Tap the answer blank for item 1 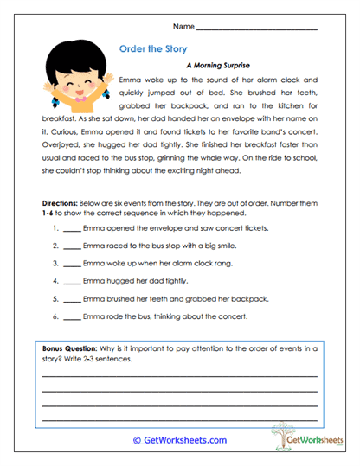[x=72, y=230]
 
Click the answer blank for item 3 [x=72, y=263]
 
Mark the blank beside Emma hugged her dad [x=72, y=280]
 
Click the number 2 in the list [x=55, y=246]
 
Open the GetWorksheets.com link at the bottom [x=180, y=439]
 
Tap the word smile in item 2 [x=222, y=246]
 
